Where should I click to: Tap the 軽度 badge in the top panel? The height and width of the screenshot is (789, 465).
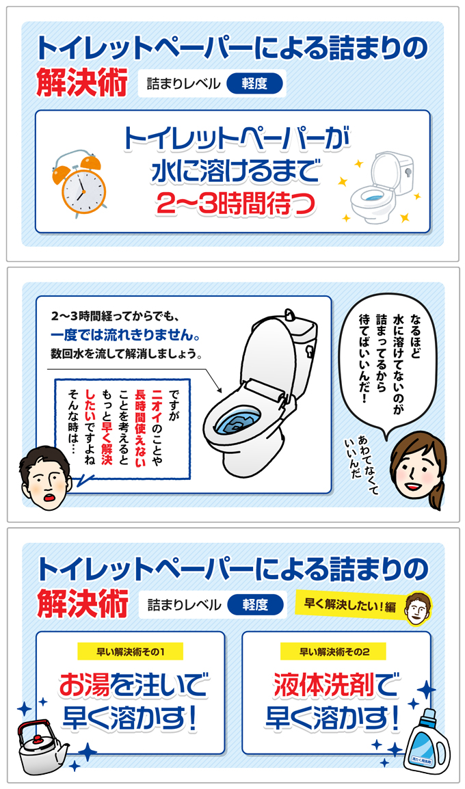coord(254,84)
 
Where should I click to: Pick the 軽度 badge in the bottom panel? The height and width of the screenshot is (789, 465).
coord(254,604)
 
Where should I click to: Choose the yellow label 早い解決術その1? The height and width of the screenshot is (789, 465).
coord(130,652)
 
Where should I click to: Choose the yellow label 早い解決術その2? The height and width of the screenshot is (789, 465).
coord(334,652)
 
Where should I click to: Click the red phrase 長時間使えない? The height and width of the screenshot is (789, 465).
coord(140,422)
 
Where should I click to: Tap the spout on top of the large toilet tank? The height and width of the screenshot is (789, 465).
coord(291,315)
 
